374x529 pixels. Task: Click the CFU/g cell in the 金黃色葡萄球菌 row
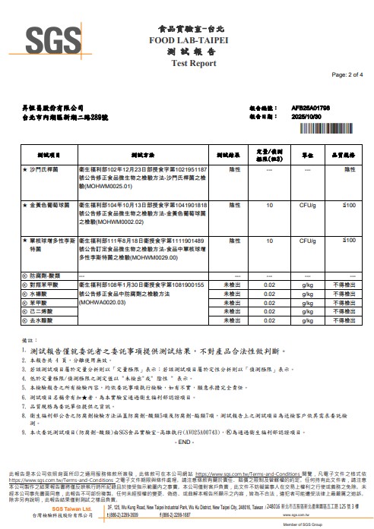coord(309,206)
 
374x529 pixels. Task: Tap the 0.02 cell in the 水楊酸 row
coord(268,293)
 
